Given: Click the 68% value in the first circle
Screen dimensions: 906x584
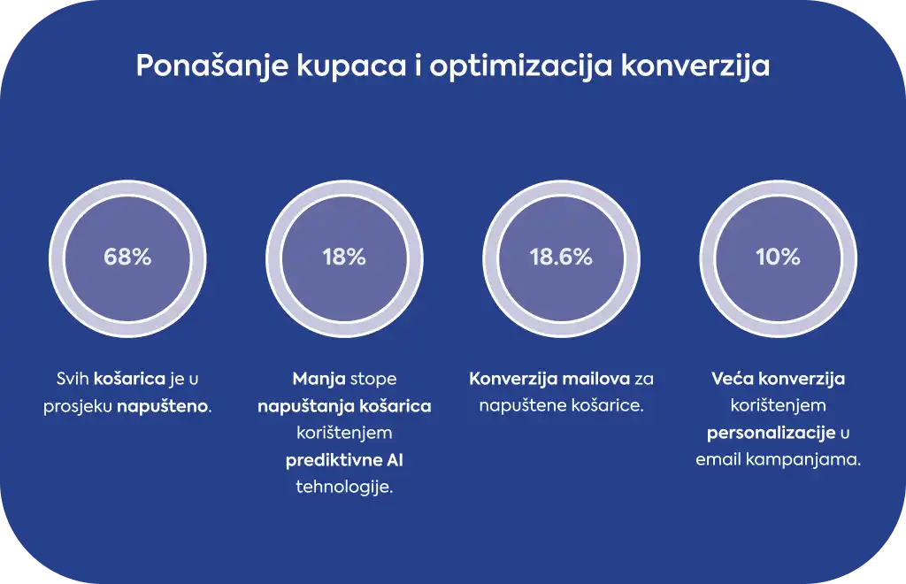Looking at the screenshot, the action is pos(127,257).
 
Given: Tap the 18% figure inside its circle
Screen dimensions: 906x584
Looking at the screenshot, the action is pos(344,257).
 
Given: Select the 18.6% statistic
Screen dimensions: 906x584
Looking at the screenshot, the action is pos(561,257).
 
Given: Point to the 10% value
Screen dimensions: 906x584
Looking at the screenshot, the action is pos(778,257).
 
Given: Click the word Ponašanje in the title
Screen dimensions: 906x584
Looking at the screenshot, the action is pos(212,65).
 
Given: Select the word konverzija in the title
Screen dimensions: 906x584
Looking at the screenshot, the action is pos(695,65).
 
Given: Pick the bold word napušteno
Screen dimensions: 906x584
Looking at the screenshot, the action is pos(164,407).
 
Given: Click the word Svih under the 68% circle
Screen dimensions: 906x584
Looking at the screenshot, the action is pos(73,379).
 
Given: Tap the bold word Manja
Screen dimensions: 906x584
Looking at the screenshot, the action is pos(319,380).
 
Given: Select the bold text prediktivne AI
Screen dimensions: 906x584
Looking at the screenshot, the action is pos(344,460).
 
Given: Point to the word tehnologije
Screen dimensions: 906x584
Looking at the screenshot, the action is pos(344,488).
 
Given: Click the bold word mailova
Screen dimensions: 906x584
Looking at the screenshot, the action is pos(595,379).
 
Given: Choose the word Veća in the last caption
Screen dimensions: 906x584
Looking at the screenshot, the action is pos(732,379).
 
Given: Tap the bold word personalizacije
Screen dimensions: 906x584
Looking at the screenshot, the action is pos(771,434).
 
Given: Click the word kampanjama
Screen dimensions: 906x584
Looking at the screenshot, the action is pos(803,460).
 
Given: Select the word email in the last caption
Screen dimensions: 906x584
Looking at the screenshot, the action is pos(718,460).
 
